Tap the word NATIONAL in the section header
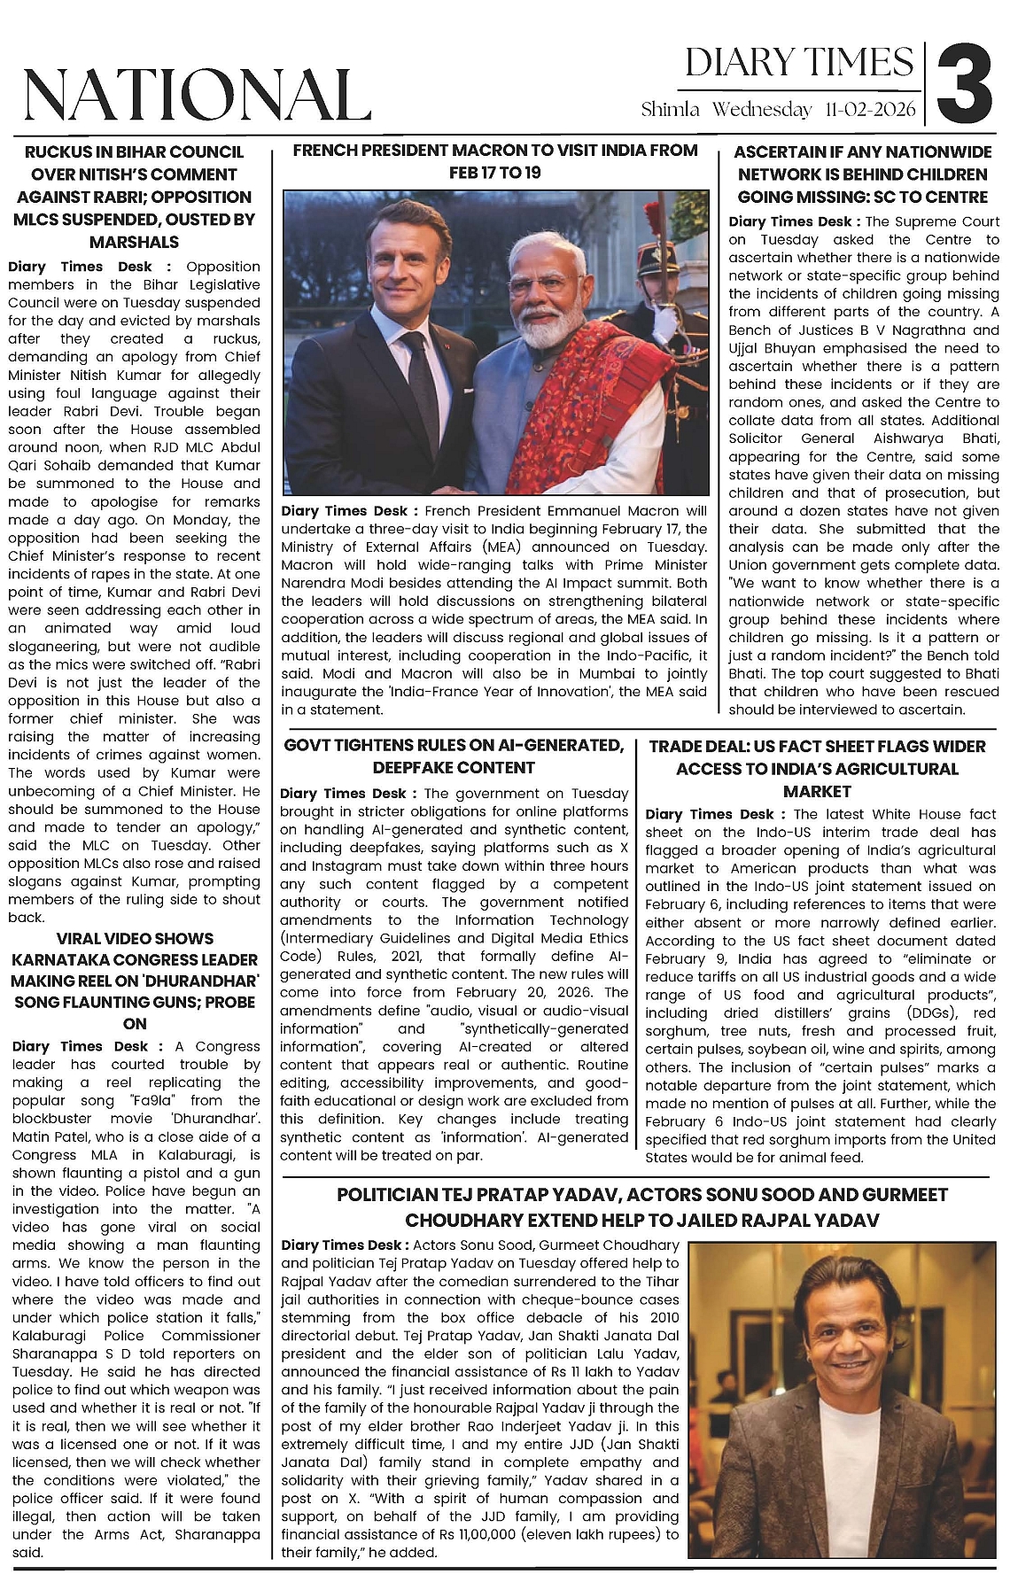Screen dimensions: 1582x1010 point(197,94)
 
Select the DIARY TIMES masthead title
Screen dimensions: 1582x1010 point(798,62)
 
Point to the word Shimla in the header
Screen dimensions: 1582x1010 point(671,110)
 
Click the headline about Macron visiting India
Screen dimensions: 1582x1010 point(495,160)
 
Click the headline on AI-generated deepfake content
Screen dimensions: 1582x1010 point(454,756)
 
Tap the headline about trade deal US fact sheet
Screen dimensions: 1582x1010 point(817,768)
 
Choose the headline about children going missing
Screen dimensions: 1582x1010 point(863,174)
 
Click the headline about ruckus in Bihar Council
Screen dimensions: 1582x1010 point(134,197)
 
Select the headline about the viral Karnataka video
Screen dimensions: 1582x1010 point(135,981)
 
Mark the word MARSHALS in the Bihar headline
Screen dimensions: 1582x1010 point(134,242)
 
